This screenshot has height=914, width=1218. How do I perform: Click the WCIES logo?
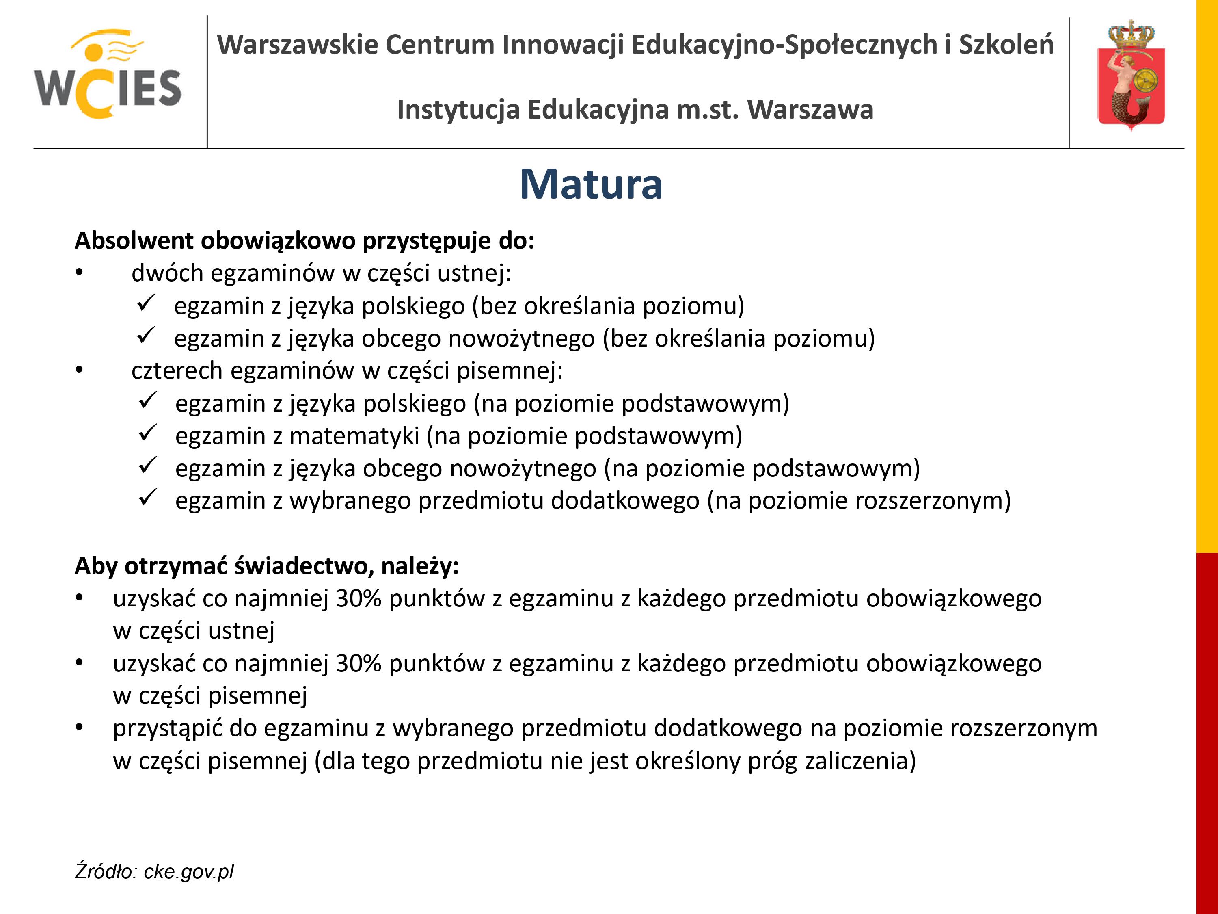pyautogui.click(x=108, y=74)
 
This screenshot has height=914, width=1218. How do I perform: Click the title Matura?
pyautogui.click(x=591, y=184)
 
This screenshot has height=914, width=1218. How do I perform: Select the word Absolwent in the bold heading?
pyautogui.click(x=134, y=241)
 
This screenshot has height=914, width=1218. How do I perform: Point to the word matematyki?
pyautogui.click(x=354, y=436)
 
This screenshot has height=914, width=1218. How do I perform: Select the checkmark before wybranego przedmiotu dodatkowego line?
pyautogui.click(x=148, y=498)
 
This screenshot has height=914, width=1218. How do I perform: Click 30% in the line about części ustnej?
pyautogui.click(x=358, y=598)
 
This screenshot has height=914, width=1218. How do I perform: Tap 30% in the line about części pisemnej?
pyautogui.click(x=358, y=663)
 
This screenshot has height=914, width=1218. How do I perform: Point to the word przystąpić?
pyautogui.click(x=167, y=728)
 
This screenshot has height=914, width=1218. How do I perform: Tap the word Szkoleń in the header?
pyautogui.click(x=1006, y=44)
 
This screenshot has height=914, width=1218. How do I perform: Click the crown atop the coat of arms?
pyautogui.click(x=1131, y=34)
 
